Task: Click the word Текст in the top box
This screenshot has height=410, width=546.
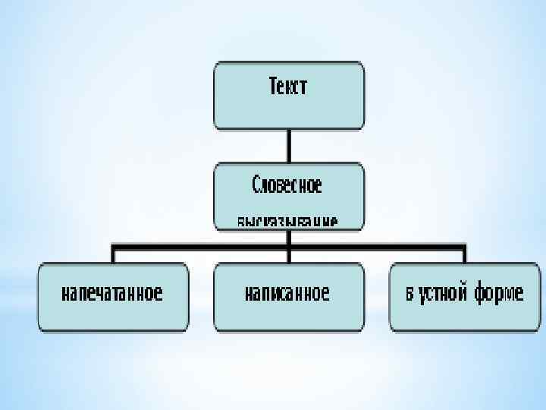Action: pos(289,87)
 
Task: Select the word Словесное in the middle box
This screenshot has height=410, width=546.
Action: pos(287,184)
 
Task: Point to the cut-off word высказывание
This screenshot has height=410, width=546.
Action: pos(287,222)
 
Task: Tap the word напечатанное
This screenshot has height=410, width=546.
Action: pos(112,294)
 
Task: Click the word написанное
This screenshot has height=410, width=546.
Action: pos(287,294)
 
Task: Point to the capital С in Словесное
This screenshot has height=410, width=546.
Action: pos(256,184)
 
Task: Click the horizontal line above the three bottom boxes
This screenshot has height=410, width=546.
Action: pos(197,245)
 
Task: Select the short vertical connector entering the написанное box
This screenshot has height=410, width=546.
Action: pos(288,254)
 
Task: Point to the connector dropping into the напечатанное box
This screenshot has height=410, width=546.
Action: pos(112,254)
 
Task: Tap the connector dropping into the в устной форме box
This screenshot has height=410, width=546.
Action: pos(464,254)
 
